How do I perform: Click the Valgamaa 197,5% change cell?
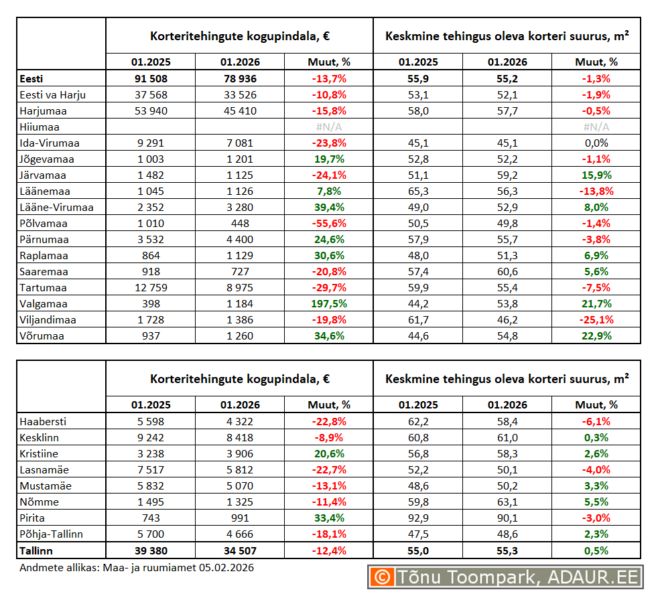pos(328,304)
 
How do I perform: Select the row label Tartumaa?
pos(44,288)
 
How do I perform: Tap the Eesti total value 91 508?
pos(150,79)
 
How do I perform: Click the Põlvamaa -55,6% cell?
pos(328,224)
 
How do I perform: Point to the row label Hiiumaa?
pos(40,127)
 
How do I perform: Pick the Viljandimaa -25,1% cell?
pos(596,320)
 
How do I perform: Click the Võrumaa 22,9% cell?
pos(596,336)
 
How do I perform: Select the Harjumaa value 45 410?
pos(239,111)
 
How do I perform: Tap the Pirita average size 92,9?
pos(418,518)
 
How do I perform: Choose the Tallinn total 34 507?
pos(239,550)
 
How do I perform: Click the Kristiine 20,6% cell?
pos(328,454)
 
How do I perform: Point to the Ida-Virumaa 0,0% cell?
pos(596,143)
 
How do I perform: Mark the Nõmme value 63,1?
pos(507,502)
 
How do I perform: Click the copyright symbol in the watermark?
pos(382,577)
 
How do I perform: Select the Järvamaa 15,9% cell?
pos(596,175)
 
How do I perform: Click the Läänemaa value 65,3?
pos(418,192)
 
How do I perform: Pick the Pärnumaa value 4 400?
pos(239,240)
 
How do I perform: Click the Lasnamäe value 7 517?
pos(150,470)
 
